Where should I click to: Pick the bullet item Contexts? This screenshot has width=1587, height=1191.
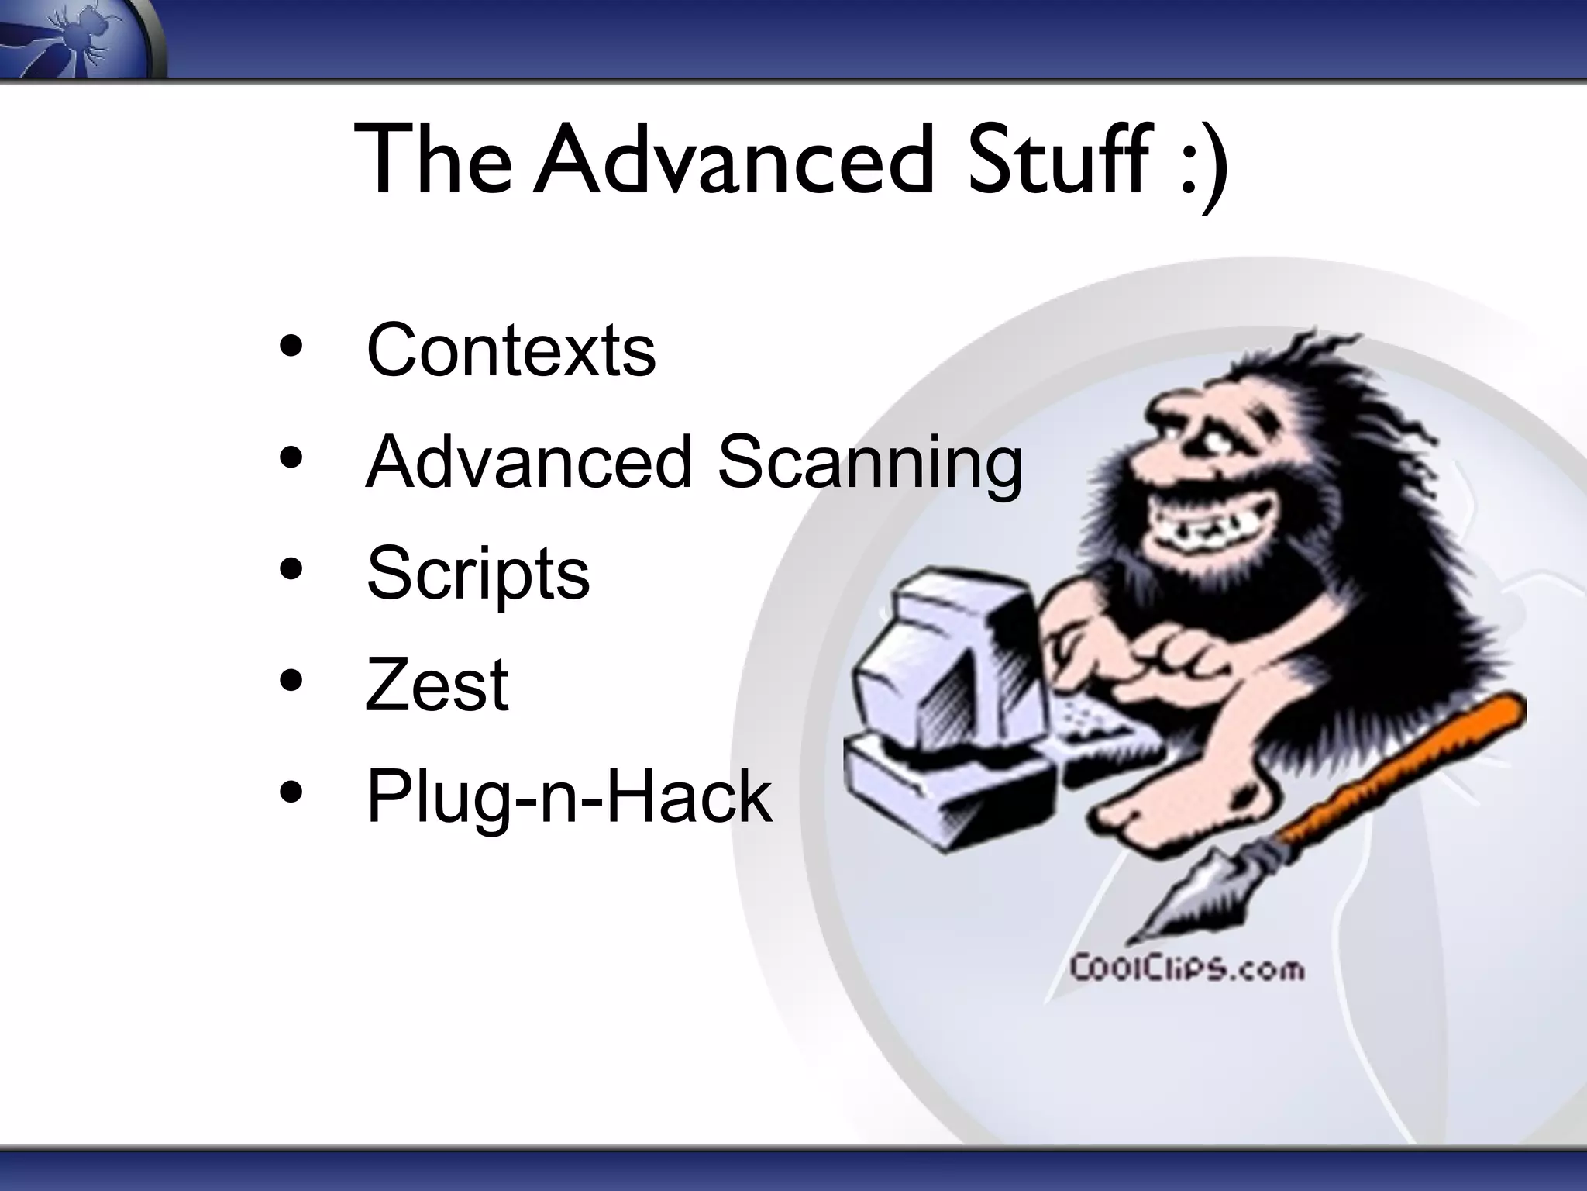511,350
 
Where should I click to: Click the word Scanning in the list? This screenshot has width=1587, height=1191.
869,463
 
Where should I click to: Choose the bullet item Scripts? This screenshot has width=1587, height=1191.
477,575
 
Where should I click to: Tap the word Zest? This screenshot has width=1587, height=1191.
437,685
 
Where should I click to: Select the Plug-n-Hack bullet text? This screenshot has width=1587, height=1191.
569,796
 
